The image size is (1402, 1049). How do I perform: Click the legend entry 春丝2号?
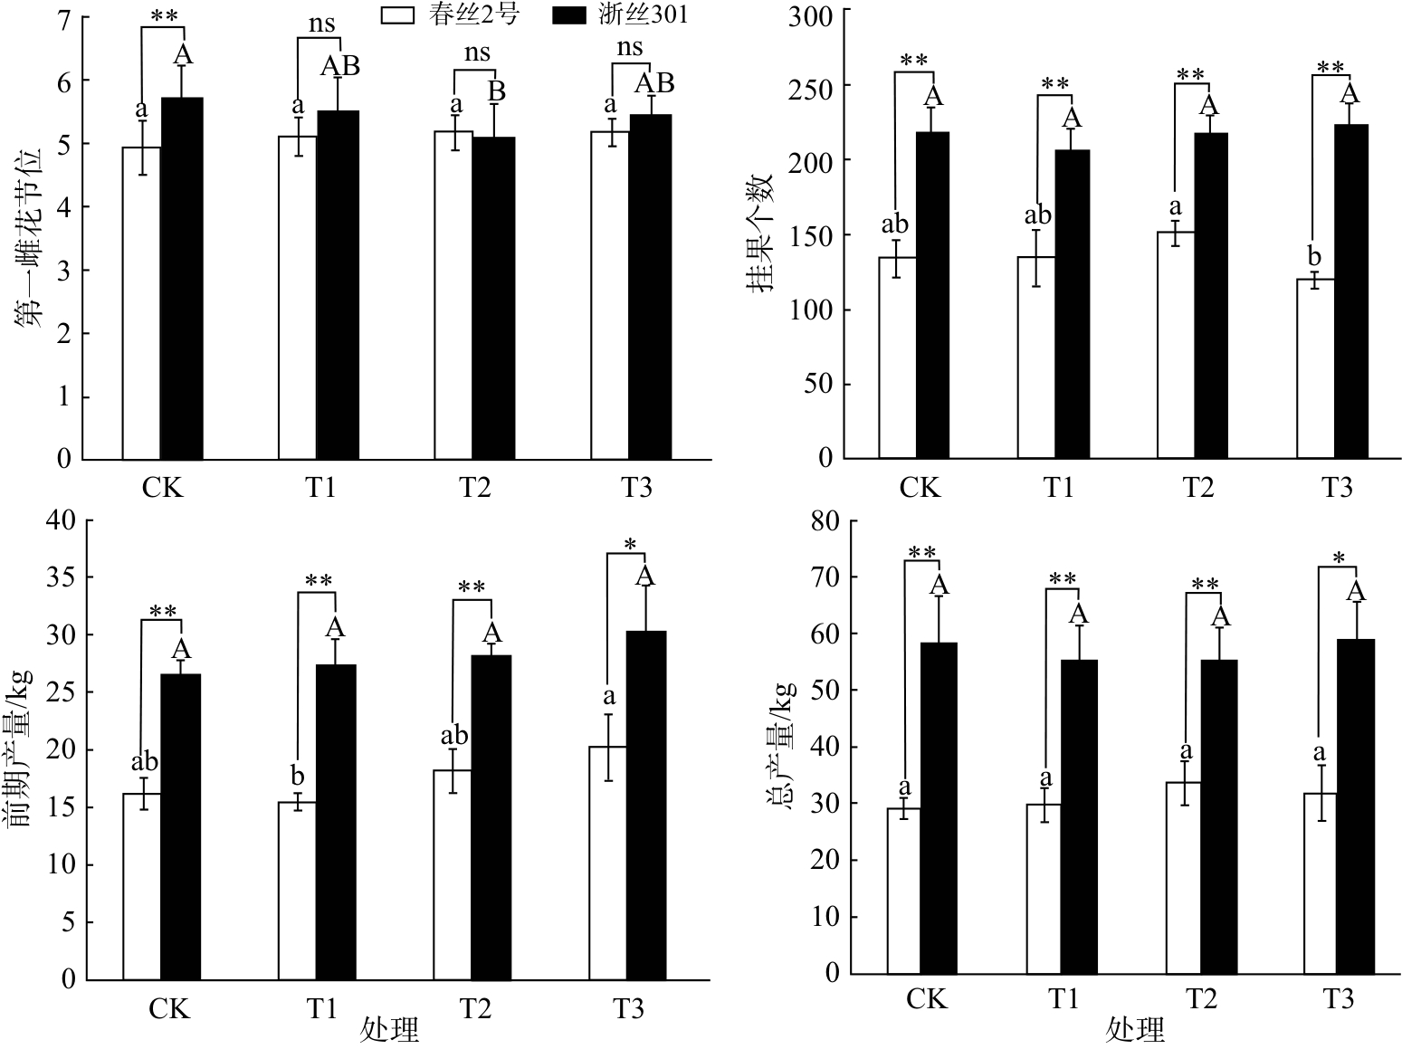pos(450,14)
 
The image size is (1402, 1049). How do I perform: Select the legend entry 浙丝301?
pos(620,14)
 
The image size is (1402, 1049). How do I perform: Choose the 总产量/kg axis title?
pos(780,745)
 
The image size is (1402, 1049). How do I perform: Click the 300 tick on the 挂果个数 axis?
pos(810,16)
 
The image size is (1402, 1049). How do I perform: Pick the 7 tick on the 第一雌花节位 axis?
pos(64,20)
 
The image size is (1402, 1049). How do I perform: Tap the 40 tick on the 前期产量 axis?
pos(60,521)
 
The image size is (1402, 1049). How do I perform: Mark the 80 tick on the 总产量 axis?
pos(824,521)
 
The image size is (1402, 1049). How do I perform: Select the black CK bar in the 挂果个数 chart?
pos(932,295)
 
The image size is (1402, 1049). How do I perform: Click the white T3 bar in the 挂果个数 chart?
pos(1315,369)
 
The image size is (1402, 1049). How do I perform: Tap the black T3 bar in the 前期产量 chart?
pos(645,806)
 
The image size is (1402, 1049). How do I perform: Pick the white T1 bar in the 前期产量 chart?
pos(297,891)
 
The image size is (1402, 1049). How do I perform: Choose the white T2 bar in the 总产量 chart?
pos(1183,878)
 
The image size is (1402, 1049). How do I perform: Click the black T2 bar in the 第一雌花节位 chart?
pos(494,298)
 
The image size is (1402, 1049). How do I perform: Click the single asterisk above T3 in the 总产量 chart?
pos(1338,558)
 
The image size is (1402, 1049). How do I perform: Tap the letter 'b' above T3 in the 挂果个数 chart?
pos(1314,256)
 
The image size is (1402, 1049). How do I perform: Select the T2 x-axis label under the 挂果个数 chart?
pos(1198,487)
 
